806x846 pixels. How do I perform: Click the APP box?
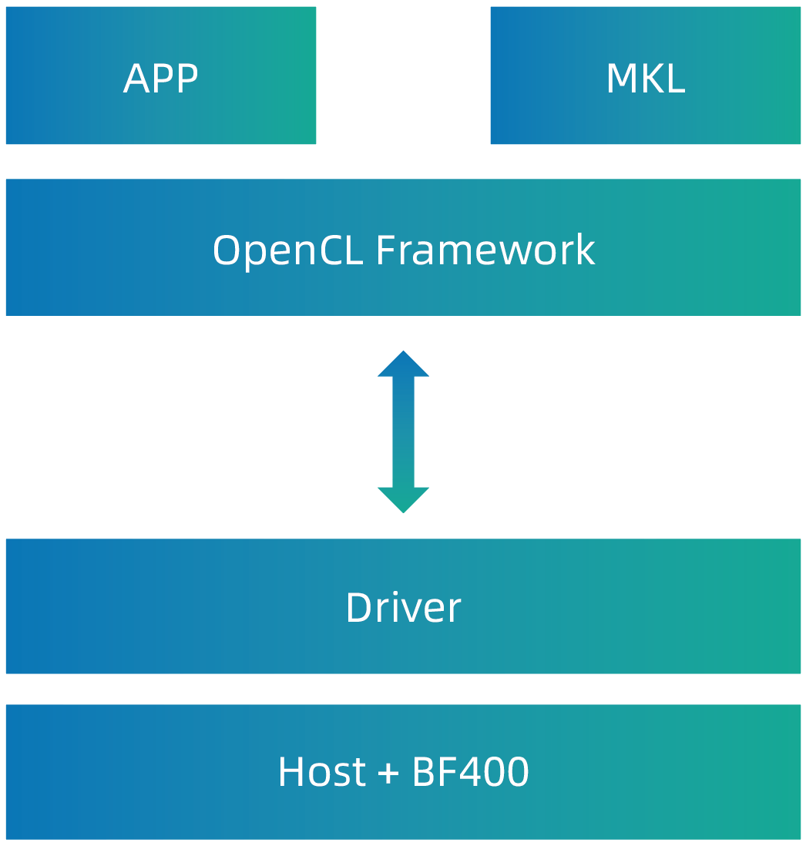pyautogui.click(x=161, y=76)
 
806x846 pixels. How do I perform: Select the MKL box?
pyautogui.click(x=645, y=76)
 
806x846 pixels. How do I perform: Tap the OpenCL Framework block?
pyautogui.click(x=403, y=247)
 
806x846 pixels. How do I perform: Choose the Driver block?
pyautogui.click(x=403, y=606)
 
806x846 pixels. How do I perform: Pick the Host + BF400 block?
pyautogui.click(x=403, y=771)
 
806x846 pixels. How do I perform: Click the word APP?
pyautogui.click(x=161, y=79)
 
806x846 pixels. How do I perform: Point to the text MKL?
pyautogui.click(x=646, y=79)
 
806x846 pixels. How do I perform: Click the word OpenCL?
pyautogui.click(x=288, y=251)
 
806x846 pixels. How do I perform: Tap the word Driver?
pyautogui.click(x=404, y=607)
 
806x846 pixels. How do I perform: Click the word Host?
pyautogui.click(x=322, y=771)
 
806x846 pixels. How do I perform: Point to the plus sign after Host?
pyautogui.click(x=388, y=773)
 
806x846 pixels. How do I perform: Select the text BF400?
pyautogui.click(x=471, y=771)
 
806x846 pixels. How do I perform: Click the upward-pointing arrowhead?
pyautogui.click(x=403, y=364)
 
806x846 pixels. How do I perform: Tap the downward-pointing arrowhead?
pyautogui.click(x=403, y=499)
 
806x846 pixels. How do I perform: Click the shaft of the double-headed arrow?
pyautogui.click(x=403, y=431)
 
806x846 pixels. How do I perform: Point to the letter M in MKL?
pyautogui.click(x=621, y=79)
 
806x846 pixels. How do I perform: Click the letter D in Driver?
pyautogui.click(x=359, y=607)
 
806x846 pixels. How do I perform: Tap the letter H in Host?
pyautogui.click(x=291, y=771)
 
